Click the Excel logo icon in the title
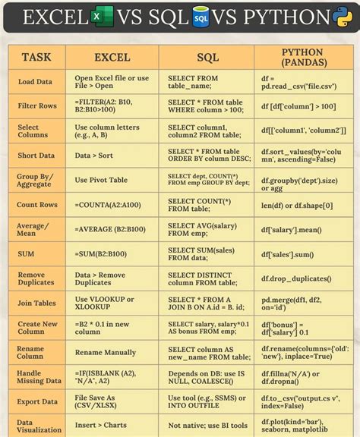click(96, 17)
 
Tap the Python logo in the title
click(341, 16)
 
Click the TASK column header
click(36, 57)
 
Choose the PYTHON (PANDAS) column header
click(302, 57)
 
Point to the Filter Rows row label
click(37, 105)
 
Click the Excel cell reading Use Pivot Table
click(101, 180)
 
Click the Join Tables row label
click(36, 303)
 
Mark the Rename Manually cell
click(106, 352)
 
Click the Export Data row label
click(37, 401)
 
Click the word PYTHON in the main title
click(281, 17)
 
